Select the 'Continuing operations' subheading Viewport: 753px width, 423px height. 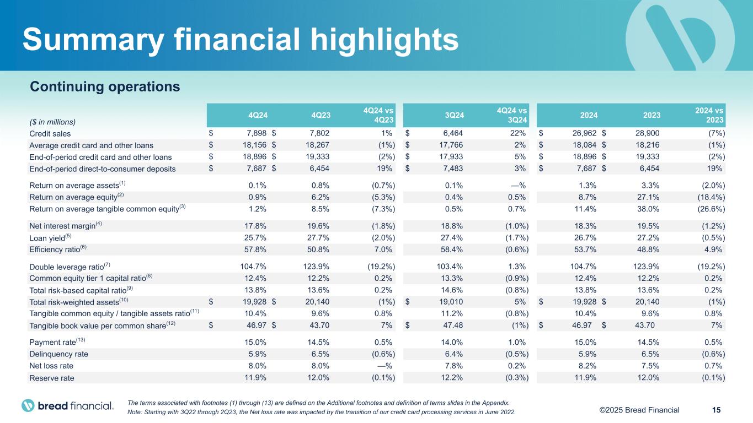pos(105,87)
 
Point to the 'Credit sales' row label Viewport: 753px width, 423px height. pos(50,133)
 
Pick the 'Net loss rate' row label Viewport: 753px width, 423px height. pos(51,366)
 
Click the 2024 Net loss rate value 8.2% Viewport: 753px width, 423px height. pos(582,366)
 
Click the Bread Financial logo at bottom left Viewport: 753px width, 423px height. pos(67,406)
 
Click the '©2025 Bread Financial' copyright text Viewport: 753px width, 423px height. pos(639,410)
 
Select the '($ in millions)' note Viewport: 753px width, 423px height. pos(52,121)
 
